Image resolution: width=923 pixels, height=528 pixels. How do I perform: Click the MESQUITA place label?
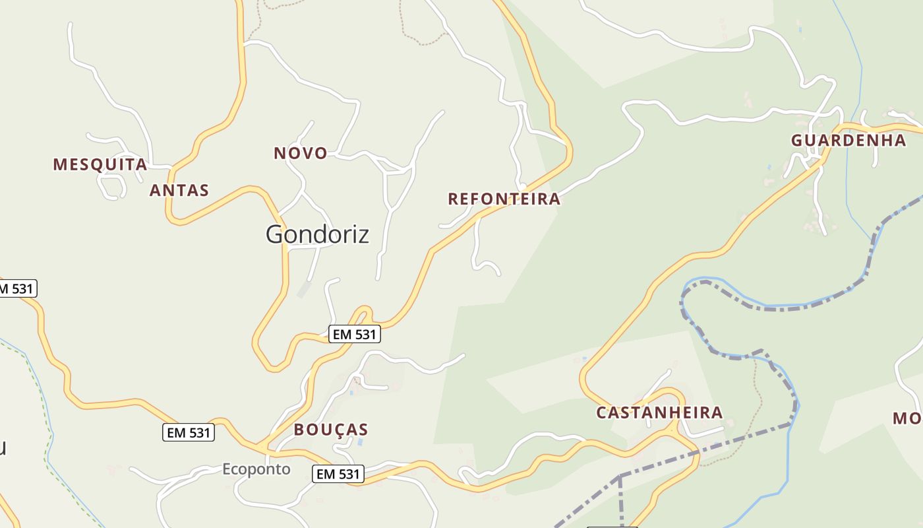[100, 164]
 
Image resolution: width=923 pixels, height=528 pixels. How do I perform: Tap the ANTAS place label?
[179, 190]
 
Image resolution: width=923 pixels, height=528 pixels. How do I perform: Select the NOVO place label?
[301, 153]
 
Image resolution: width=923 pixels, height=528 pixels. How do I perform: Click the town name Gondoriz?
[317, 234]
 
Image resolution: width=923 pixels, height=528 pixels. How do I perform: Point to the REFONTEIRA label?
[504, 199]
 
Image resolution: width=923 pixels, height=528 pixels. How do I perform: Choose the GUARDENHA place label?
[849, 141]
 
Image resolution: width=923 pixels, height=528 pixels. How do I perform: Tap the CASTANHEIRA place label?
[659, 413]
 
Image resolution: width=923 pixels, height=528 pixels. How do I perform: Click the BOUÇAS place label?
[331, 430]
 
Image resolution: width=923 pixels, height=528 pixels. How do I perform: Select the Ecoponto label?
[256, 469]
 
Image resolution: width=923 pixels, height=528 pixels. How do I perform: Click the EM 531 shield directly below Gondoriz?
[355, 335]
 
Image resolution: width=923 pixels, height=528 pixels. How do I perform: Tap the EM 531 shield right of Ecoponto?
[338, 474]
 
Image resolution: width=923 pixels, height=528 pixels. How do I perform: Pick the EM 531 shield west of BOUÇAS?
[189, 433]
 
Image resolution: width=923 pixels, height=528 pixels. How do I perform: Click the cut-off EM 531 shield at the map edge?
[17, 288]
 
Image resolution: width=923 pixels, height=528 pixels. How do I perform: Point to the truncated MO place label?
[908, 418]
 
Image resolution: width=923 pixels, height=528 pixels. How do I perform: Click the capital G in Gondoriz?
[277, 234]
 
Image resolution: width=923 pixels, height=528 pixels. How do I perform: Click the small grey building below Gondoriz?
[303, 290]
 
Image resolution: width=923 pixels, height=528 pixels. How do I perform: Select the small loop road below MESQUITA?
[111, 187]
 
